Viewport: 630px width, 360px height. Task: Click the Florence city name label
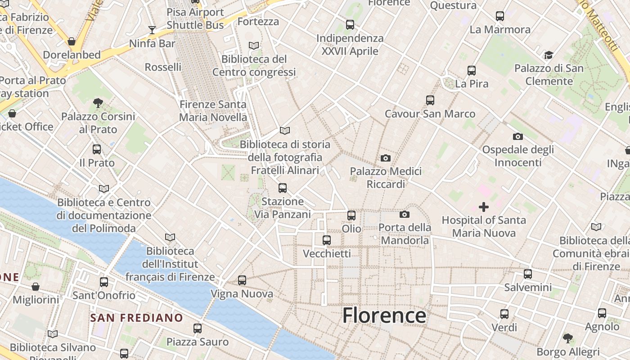(384, 315)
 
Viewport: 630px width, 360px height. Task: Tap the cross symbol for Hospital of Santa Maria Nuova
(484, 207)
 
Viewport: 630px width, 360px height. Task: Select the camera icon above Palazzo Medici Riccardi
(386, 158)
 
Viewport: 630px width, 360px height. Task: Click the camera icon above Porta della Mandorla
(405, 214)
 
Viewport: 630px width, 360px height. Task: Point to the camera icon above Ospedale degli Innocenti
(518, 136)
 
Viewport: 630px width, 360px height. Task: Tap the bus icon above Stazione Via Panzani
(283, 188)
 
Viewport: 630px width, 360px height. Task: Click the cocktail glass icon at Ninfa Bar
(152, 30)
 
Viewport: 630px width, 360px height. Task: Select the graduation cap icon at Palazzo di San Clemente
(549, 55)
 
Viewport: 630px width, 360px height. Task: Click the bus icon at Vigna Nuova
(242, 280)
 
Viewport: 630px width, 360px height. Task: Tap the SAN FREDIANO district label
(136, 318)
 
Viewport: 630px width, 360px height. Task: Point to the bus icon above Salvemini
(528, 274)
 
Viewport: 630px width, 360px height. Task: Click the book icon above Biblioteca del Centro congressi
(254, 45)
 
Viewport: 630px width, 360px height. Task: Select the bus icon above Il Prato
(97, 149)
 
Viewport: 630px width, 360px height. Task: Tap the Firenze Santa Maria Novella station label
(213, 111)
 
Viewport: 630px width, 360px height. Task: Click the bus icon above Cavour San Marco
(430, 100)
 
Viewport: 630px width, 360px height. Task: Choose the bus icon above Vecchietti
(327, 240)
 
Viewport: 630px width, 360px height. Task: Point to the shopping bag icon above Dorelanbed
(72, 42)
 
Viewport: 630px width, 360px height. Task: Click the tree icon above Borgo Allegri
(568, 338)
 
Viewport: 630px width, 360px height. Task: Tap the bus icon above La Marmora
(500, 16)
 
